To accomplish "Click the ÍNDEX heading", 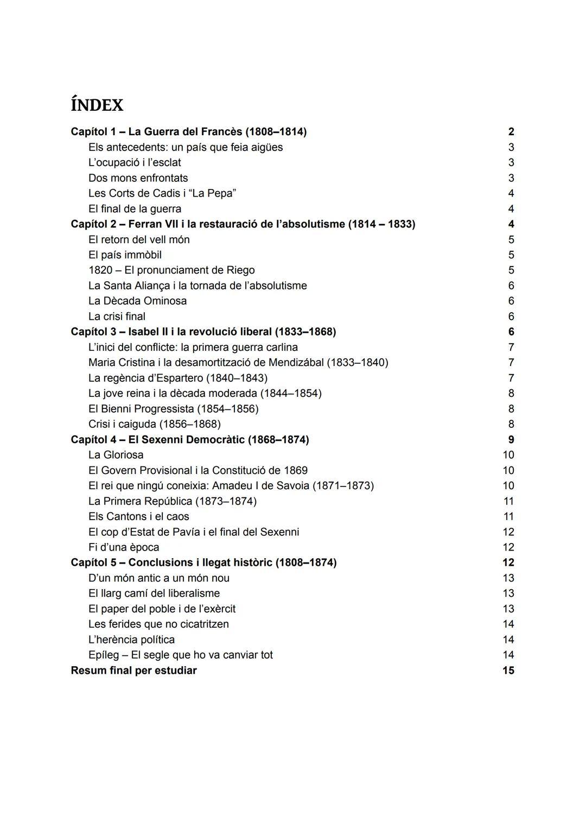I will [x=97, y=105].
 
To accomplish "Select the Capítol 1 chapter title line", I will [x=188, y=132].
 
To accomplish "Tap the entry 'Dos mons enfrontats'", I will [x=138, y=178].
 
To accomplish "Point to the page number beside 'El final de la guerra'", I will [x=511, y=209].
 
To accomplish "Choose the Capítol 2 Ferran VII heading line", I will [x=243, y=224].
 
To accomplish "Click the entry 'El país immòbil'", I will [x=125, y=255].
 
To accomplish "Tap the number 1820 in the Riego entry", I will [x=100, y=270].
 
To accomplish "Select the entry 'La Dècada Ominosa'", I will [x=137, y=301].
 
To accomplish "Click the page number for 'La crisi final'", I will [x=511, y=317].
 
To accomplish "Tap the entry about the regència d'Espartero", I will [x=177, y=378].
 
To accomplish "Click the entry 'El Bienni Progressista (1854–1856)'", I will [x=173, y=409].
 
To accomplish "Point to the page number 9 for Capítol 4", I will [x=511, y=440].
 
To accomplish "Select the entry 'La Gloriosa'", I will [x=116, y=455].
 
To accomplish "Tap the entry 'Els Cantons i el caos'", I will [x=138, y=516].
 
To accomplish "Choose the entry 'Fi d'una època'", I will [x=124, y=547].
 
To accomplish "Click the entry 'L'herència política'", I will [x=131, y=640].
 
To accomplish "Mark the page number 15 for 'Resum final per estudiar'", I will [x=508, y=671].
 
